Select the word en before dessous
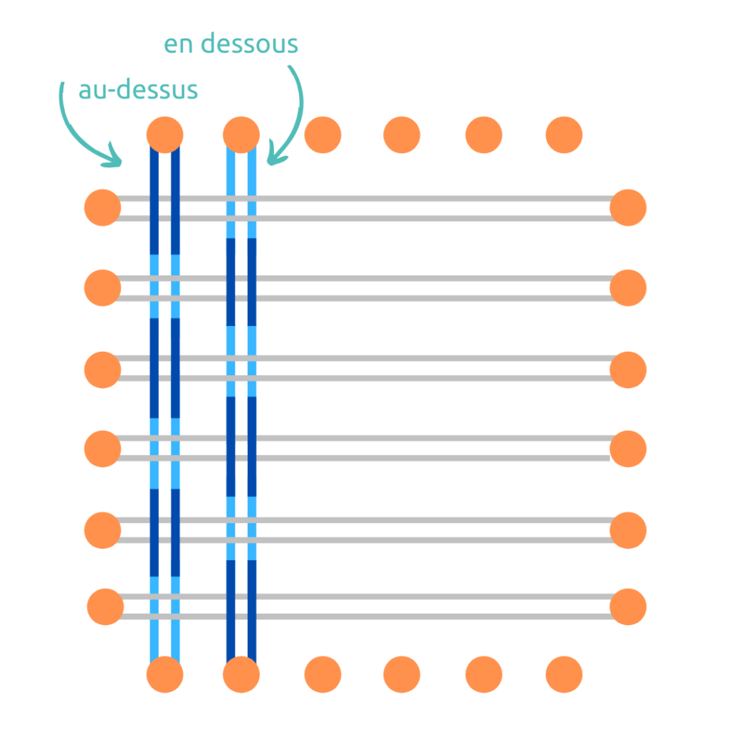point(179,44)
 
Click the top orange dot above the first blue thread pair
point(164,134)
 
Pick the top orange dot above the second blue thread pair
point(241,134)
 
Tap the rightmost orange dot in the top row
point(564,134)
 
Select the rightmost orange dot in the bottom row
point(564,673)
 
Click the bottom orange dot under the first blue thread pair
point(164,674)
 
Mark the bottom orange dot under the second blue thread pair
point(241,674)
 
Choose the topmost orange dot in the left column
point(103,208)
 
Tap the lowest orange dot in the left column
point(105,607)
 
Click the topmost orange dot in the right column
point(628,208)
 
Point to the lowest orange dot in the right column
point(628,607)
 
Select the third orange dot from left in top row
point(322,134)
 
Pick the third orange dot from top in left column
point(103,369)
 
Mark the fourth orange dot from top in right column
point(628,449)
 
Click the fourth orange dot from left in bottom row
point(402,673)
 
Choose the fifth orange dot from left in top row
point(483,134)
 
